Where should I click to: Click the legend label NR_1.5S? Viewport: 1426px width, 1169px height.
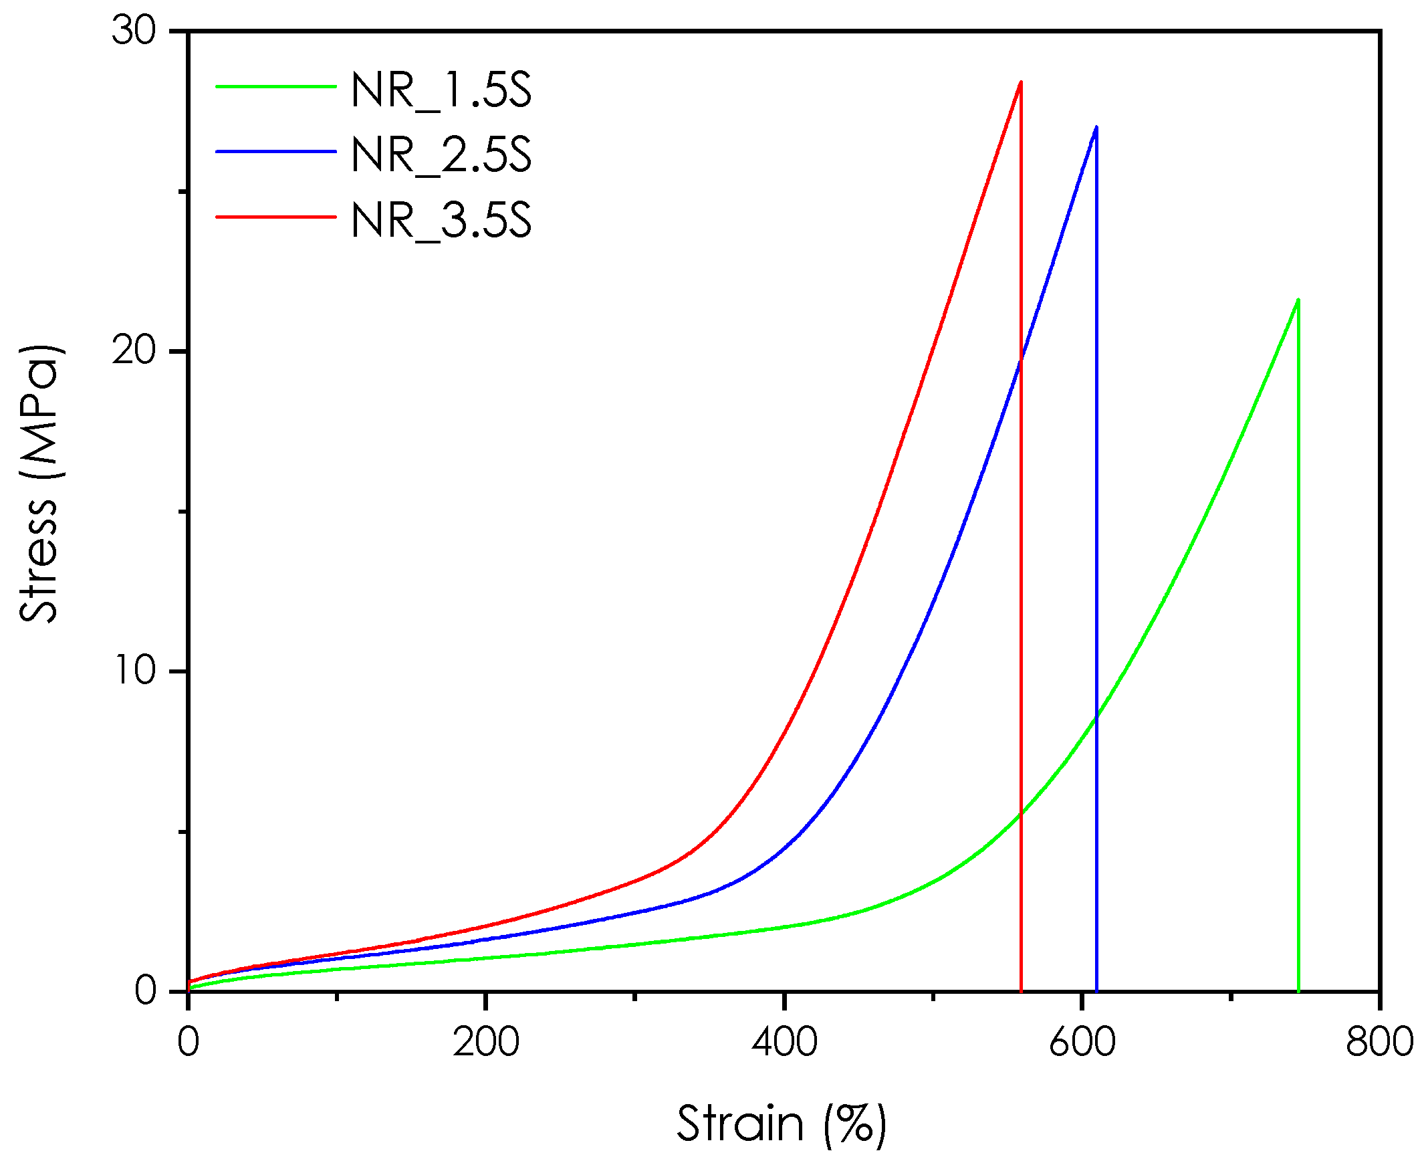click(x=441, y=90)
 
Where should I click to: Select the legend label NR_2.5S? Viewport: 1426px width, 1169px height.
click(x=441, y=155)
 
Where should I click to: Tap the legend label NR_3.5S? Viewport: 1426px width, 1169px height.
click(x=441, y=219)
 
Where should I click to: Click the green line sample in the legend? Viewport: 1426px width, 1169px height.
click(x=275, y=86)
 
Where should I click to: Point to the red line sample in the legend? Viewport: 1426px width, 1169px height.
click(x=275, y=217)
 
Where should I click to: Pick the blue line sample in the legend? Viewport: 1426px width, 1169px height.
click(x=275, y=152)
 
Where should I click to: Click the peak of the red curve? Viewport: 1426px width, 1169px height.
click(x=1021, y=82)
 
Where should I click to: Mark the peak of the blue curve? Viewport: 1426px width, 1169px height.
click(x=1096, y=126)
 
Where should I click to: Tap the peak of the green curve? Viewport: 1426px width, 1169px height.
click(x=1298, y=300)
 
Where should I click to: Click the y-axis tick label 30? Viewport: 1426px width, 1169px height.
click(x=134, y=31)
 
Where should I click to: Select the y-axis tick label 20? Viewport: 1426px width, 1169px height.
click(x=134, y=351)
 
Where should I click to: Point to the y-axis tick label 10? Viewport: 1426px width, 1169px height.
click(x=135, y=671)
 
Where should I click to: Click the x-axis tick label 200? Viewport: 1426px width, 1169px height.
click(x=485, y=1042)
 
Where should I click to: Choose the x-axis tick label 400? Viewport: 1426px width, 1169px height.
click(x=784, y=1042)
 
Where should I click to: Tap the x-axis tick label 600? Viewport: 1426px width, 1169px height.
click(x=1082, y=1042)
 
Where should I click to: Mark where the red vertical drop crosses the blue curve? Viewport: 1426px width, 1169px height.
click(x=1021, y=362)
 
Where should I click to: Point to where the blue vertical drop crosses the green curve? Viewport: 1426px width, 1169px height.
click(x=1096, y=718)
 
